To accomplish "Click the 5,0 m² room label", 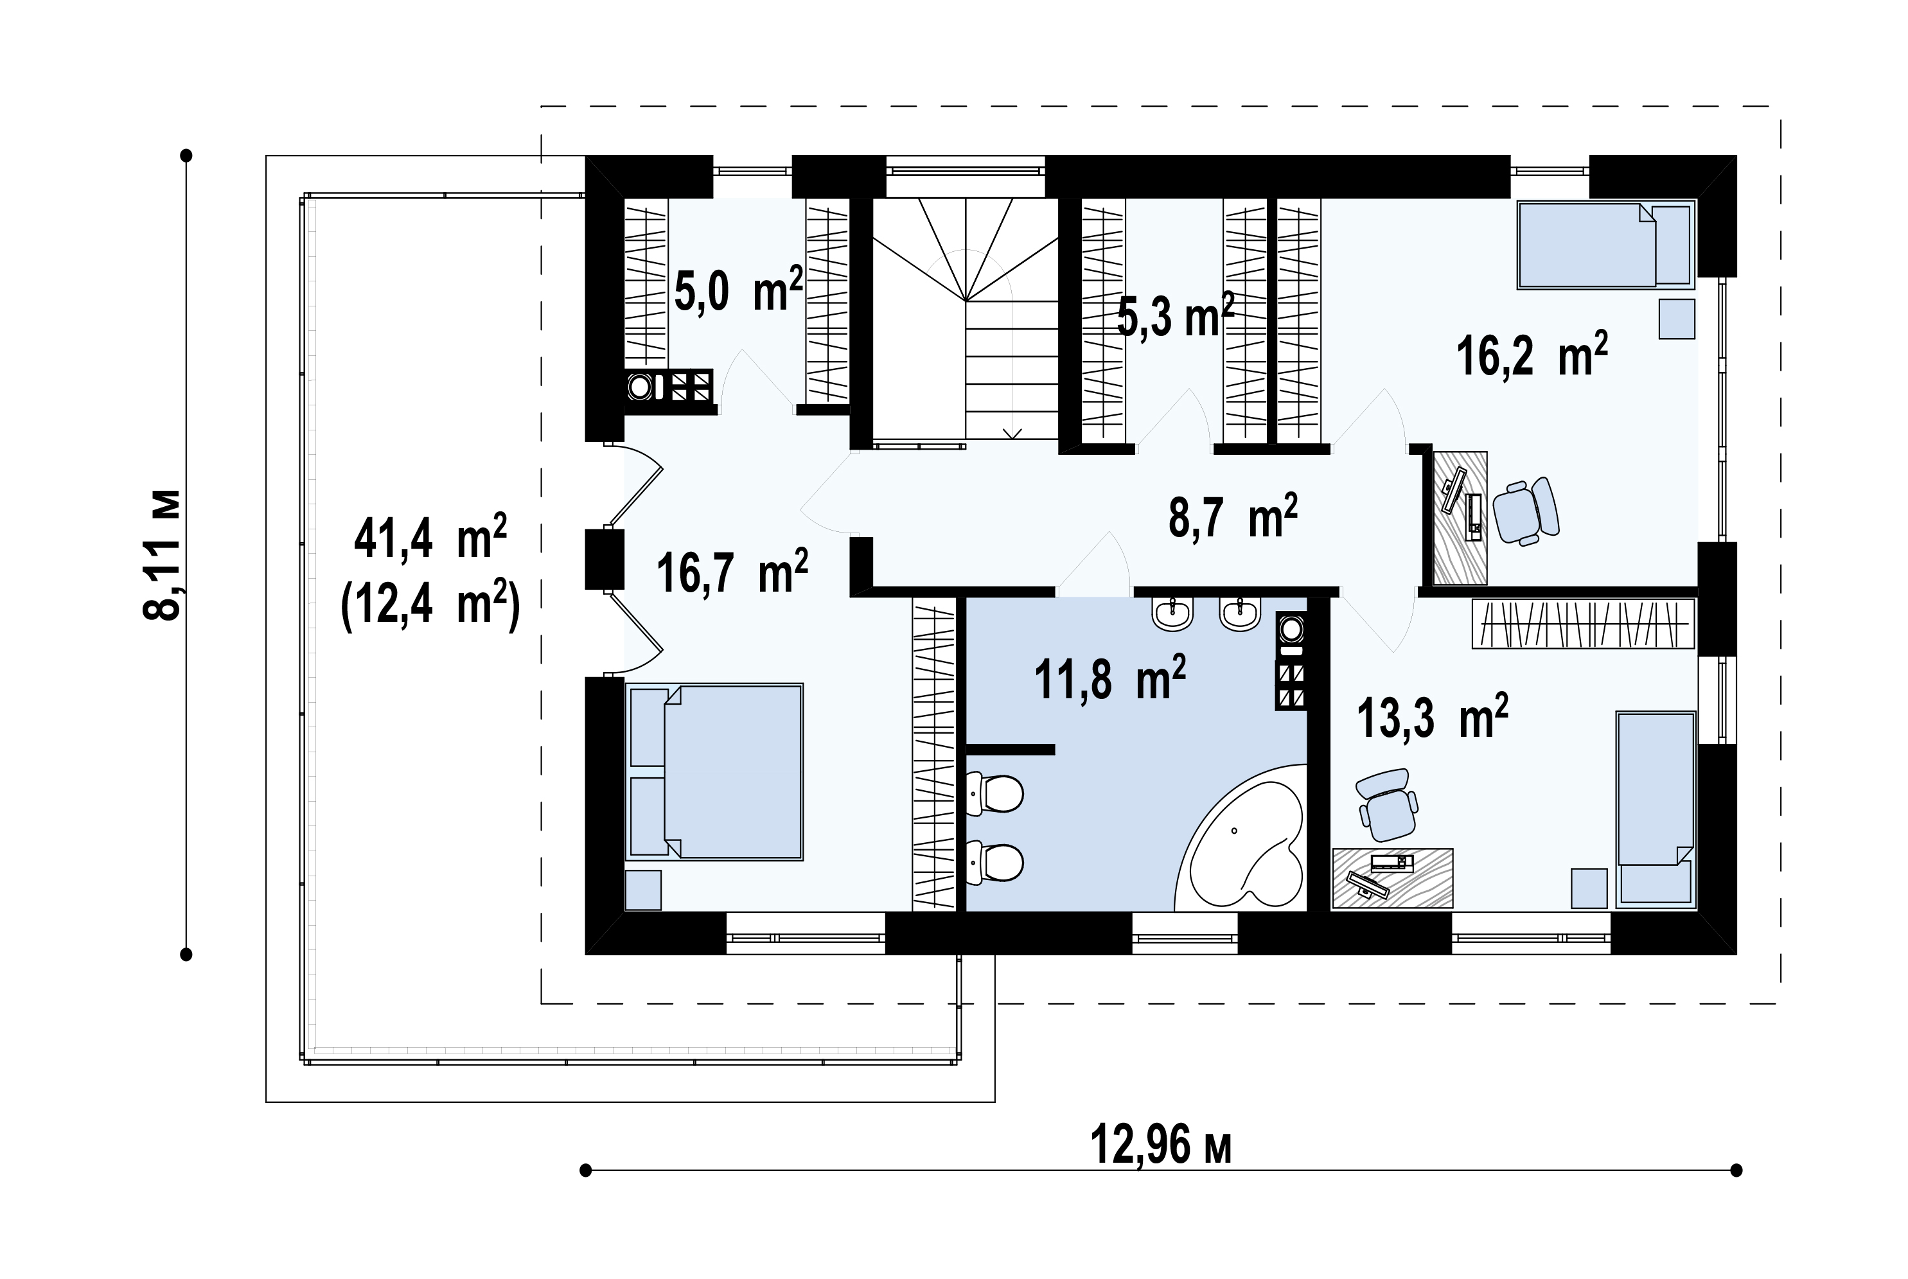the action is pyautogui.click(x=738, y=290).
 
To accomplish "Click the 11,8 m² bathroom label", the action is pyautogui.click(x=1110, y=678).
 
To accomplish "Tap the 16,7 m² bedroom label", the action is pyautogui.click(x=732, y=572).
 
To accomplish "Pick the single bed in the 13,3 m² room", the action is pyautogui.click(x=1656, y=809).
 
